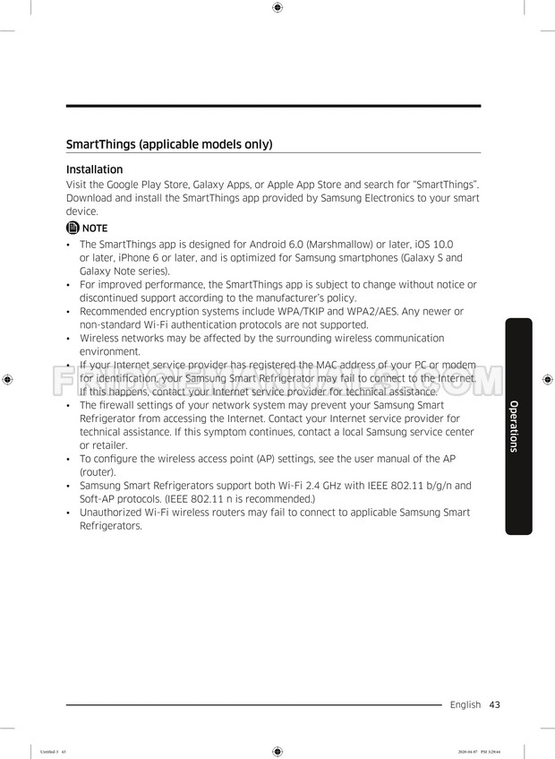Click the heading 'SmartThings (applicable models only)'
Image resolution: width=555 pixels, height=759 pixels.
pos(169,144)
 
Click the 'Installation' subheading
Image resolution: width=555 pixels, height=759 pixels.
pos(94,169)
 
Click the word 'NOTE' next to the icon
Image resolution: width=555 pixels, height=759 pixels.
pos(95,228)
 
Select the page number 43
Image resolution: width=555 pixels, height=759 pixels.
pos(494,705)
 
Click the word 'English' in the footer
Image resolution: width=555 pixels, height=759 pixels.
pos(465,705)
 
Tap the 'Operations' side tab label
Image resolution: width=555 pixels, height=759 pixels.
pos(514,426)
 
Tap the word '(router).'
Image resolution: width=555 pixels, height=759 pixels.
pos(98,471)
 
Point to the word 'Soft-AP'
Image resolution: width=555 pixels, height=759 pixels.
pos(99,498)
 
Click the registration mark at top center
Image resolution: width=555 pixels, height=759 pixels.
pos(277,8)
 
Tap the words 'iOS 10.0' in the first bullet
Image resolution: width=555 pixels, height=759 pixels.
pos(431,244)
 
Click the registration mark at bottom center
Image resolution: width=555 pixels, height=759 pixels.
pos(277,751)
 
